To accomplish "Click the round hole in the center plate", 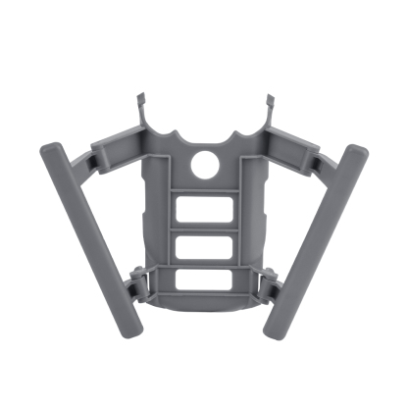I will [205, 165].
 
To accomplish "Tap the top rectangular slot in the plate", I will [206, 210].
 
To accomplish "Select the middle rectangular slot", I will [206, 245].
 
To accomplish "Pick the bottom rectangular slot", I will [206, 280].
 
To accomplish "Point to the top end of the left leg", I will [50, 152].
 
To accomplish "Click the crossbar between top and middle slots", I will [206, 228].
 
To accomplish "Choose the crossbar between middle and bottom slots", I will [206, 263].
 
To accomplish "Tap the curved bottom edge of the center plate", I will [206, 300].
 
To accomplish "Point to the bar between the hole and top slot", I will [206, 187].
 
